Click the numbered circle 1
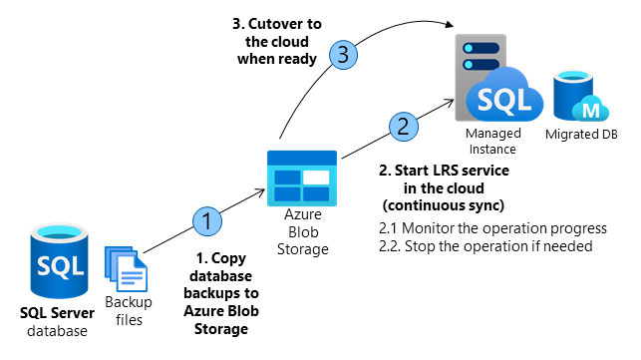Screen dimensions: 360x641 207,219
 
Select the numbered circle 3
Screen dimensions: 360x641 342,57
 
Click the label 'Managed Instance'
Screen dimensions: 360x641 495,140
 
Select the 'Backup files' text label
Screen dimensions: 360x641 126,312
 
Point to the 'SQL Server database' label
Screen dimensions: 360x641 57,322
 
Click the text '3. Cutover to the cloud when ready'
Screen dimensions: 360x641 278,40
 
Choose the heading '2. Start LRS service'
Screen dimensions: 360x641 444,171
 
